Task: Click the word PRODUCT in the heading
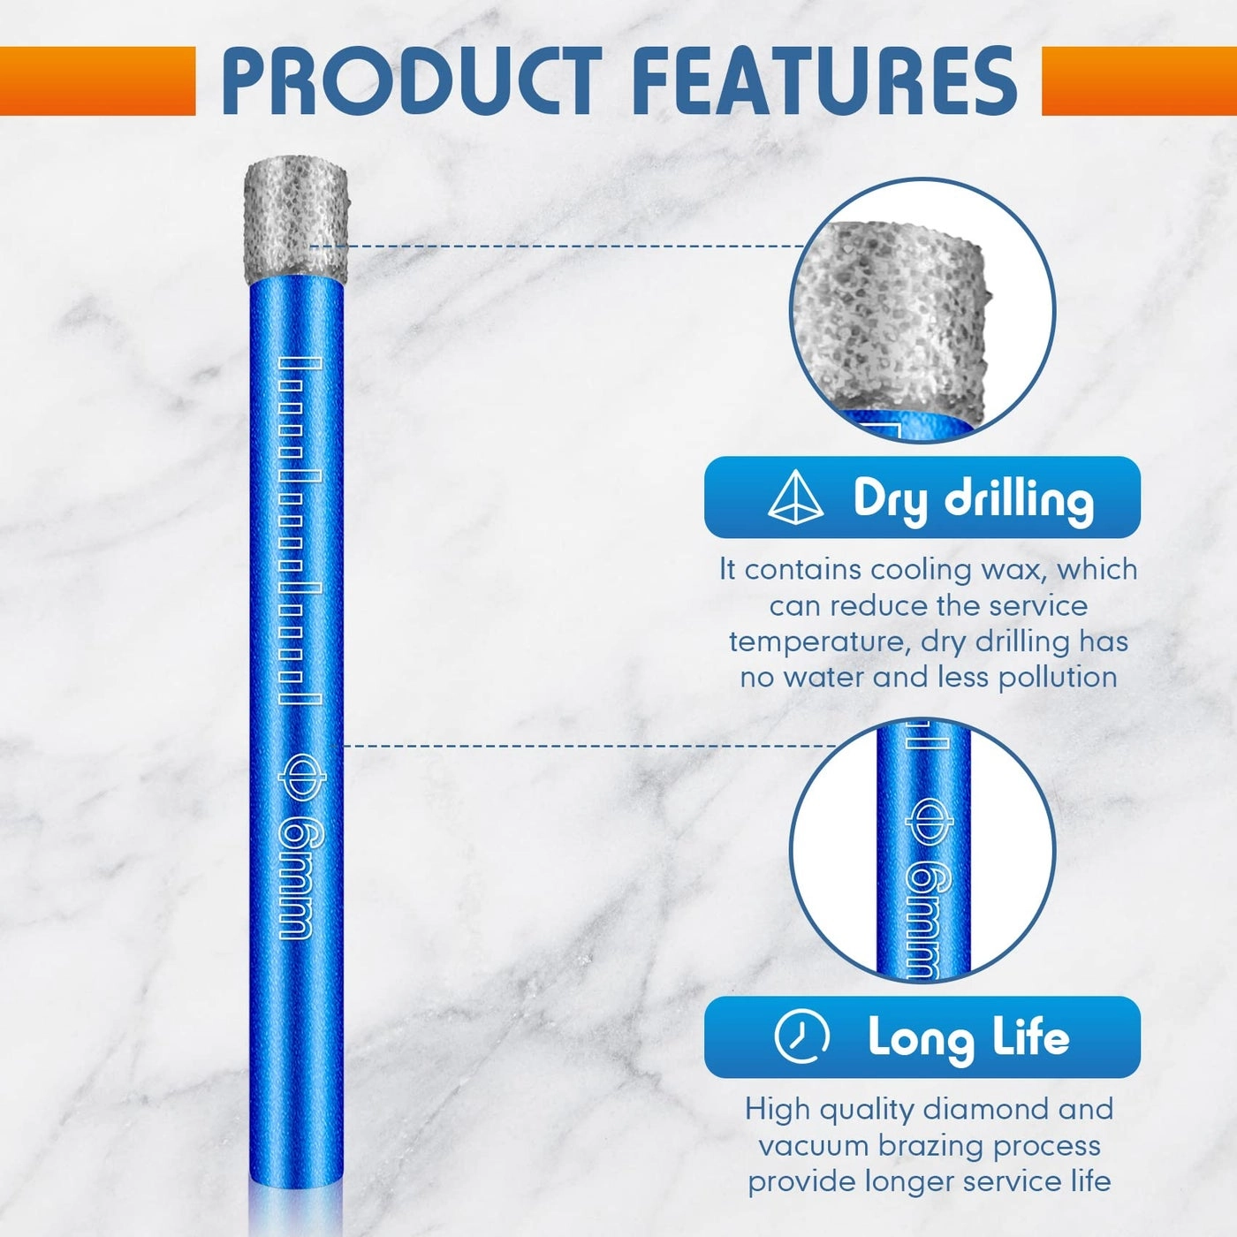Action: (x=411, y=80)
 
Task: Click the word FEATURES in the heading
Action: (x=824, y=80)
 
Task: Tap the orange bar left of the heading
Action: (x=97, y=80)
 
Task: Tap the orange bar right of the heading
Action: (x=1139, y=80)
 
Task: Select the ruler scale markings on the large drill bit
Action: (x=299, y=530)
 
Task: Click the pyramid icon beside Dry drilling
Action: (x=795, y=497)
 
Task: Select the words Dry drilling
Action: (x=973, y=498)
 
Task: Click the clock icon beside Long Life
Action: (x=801, y=1036)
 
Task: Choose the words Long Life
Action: (x=968, y=1037)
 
